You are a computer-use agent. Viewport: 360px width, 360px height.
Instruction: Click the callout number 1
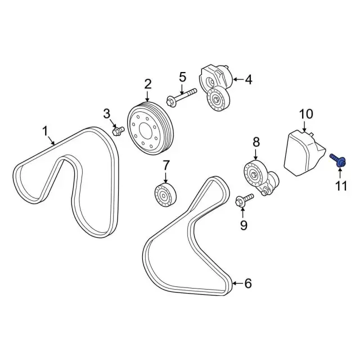tap(45, 131)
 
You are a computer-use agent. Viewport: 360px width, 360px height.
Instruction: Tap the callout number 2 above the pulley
tap(148, 84)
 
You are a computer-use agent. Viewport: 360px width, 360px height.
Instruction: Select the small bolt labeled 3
tap(118, 131)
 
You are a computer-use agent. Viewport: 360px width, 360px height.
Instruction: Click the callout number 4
tap(249, 80)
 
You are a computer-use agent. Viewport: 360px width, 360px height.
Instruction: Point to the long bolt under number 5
tap(182, 97)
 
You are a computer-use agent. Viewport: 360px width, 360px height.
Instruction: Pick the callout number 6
tap(248, 283)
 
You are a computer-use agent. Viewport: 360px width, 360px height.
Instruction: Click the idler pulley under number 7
tap(166, 195)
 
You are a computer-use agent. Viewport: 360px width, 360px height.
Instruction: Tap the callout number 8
tap(256, 142)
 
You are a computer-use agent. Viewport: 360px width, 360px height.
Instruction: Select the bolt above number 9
tap(245, 200)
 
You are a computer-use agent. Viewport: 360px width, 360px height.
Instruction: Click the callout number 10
tap(306, 114)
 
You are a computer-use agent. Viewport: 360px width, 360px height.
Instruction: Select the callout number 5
tap(182, 77)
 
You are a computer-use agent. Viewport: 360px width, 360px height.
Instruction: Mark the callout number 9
tap(244, 225)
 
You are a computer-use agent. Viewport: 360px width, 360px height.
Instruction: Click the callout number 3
tap(106, 114)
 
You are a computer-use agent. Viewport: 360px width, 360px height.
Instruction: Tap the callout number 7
tap(166, 166)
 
